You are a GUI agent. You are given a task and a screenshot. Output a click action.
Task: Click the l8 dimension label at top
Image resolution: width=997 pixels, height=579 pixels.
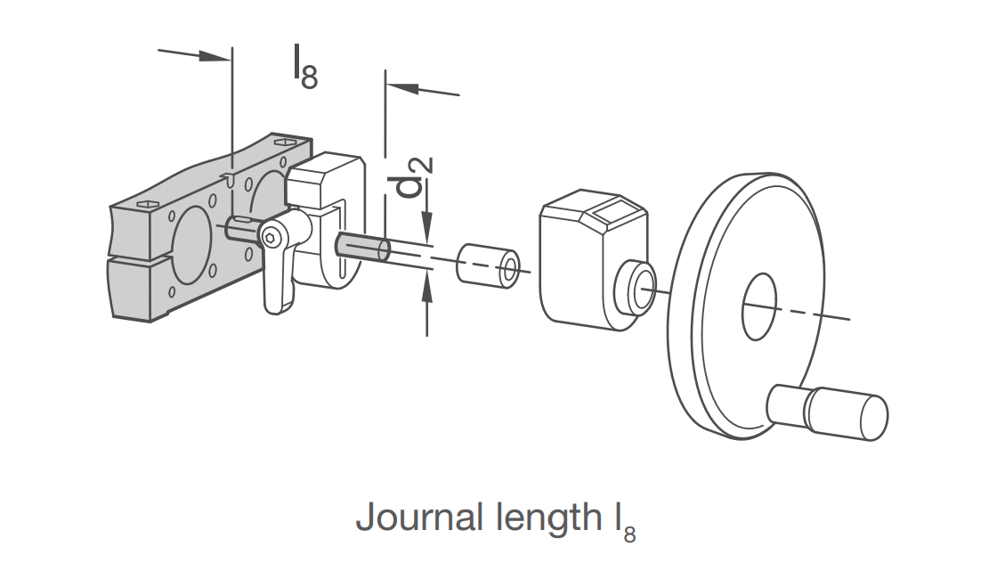[x=305, y=67]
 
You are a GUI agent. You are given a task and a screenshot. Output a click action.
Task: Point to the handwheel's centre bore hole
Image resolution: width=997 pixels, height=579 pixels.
[x=759, y=306]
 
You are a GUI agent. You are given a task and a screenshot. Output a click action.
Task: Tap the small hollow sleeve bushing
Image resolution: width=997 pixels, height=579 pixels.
[x=488, y=264]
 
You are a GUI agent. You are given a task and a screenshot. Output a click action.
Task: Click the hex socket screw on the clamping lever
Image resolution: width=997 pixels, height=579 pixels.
[x=271, y=238]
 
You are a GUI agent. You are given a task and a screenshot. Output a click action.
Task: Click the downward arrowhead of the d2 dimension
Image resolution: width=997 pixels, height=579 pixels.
[x=427, y=228]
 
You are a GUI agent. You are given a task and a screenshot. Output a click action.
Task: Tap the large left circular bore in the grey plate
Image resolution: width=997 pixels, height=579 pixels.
[x=189, y=245]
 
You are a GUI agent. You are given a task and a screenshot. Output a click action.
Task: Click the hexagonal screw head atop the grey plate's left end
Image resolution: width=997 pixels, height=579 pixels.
[x=146, y=204]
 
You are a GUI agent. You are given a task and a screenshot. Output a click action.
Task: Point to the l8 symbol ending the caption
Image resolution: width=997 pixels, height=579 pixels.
[x=624, y=523]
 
